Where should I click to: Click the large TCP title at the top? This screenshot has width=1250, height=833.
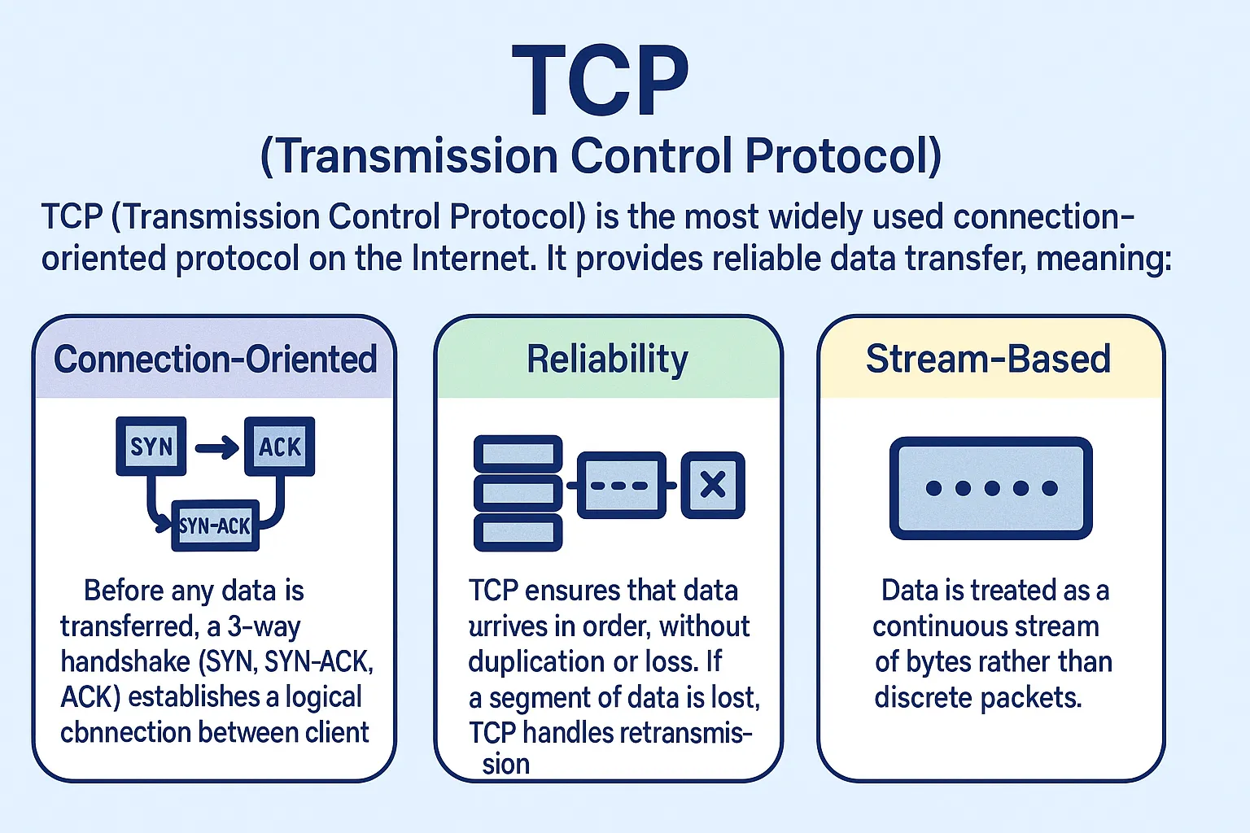[x=601, y=81]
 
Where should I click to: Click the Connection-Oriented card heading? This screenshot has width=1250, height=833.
[x=215, y=360]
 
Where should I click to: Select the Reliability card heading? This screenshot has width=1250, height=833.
[x=607, y=360]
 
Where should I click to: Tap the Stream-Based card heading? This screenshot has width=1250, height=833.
[x=988, y=359]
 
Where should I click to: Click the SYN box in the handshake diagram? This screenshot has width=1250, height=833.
[x=151, y=447]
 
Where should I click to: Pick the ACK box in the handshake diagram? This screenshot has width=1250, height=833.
[x=279, y=447]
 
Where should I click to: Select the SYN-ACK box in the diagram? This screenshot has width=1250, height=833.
[x=215, y=526]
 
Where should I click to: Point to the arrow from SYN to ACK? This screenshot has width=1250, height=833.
[x=216, y=447]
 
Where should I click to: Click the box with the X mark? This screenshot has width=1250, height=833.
[x=713, y=485]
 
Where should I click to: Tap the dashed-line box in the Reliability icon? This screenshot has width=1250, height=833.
[x=621, y=486]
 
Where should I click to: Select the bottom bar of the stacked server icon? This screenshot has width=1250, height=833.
[x=518, y=533]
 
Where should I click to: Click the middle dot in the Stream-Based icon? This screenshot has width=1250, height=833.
[x=992, y=488]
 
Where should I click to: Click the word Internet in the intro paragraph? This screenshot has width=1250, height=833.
[x=472, y=259]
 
